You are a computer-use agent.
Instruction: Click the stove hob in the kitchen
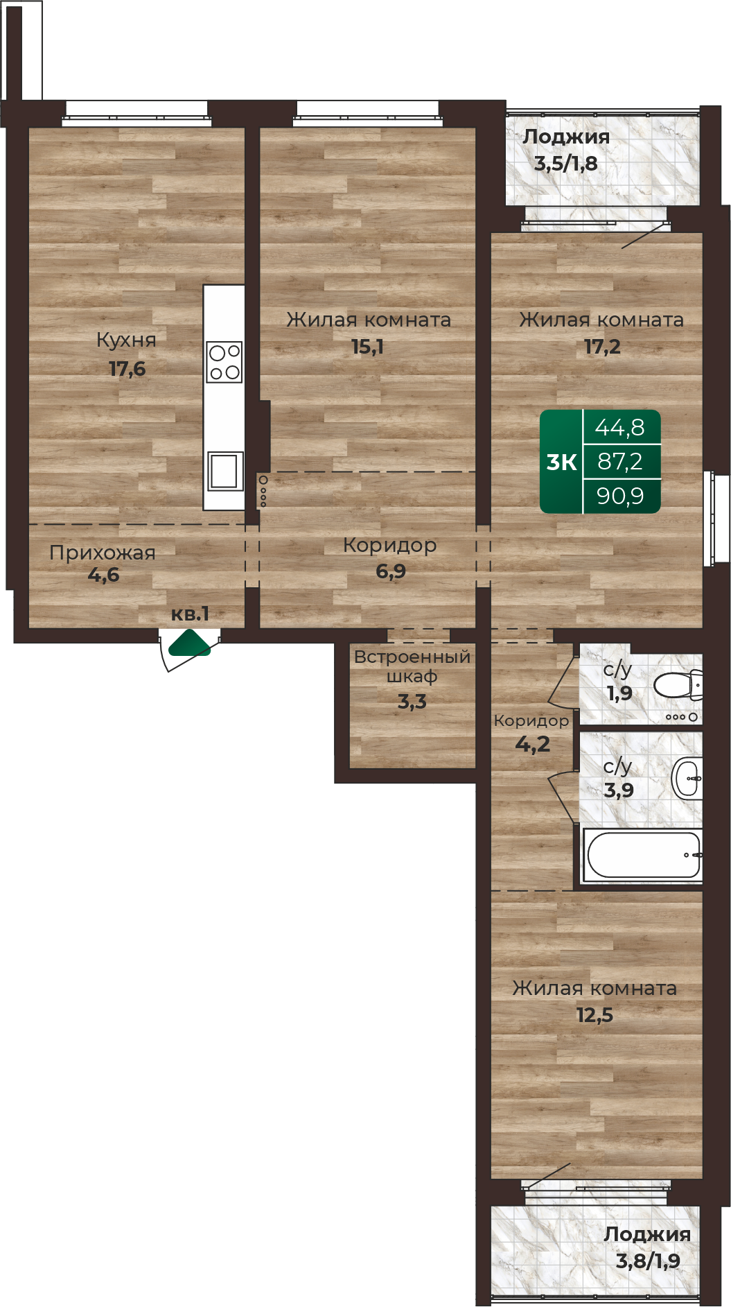pyautogui.click(x=225, y=362)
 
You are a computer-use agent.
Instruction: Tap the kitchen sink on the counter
pyautogui.click(x=225, y=471)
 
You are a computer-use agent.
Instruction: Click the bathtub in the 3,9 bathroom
pyautogui.click(x=642, y=855)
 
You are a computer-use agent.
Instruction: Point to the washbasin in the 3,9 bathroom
pyautogui.click(x=687, y=778)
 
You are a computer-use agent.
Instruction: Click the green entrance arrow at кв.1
pyautogui.click(x=189, y=643)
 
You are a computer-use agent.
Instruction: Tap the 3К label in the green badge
pyautogui.click(x=561, y=462)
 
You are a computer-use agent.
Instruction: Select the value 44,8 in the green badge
pyautogui.click(x=619, y=428)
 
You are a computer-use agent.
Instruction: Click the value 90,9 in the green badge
pyautogui.click(x=620, y=496)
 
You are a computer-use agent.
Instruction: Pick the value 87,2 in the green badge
pyautogui.click(x=620, y=461)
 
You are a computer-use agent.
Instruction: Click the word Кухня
pyautogui.click(x=126, y=340)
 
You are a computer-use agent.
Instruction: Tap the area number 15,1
pyautogui.click(x=367, y=347)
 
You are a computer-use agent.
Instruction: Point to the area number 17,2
pyautogui.click(x=602, y=347)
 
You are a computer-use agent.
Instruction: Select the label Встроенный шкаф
pyautogui.click(x=412, y=666)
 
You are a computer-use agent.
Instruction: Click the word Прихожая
pyautogui.click(x=103, y=553)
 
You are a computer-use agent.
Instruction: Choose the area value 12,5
pyautogui.click(x=595, y=1016)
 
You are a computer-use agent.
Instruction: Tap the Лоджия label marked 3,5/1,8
pyautogui.click(x=566, y=137)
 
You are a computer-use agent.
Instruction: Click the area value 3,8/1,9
pyautogui.click(x=648, y=1261)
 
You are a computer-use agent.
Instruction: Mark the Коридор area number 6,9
pyautogui.click(x=391, y=571)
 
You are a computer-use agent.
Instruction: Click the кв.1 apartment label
pyautogui.click(x=190, y=614)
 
